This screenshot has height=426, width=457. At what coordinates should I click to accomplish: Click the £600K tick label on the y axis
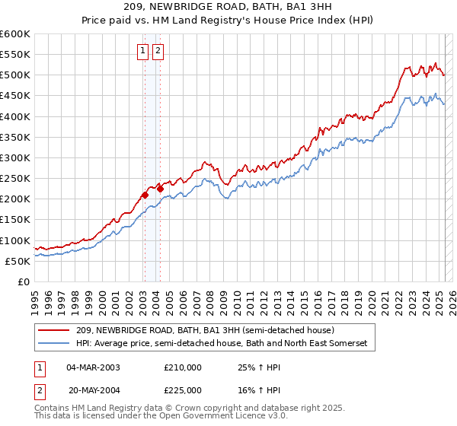click(15, 34)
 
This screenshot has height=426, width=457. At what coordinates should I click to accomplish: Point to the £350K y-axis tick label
click(15, 138)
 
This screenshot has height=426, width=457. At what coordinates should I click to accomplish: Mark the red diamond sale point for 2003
click(145, 196)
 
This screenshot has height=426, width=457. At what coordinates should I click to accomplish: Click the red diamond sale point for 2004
click(161, 189)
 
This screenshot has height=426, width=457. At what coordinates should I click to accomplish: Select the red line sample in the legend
click(54, 331)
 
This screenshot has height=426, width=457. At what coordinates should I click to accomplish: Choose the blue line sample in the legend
click(54, 344)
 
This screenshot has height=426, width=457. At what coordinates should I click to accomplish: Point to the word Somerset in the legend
click(346, 344)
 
